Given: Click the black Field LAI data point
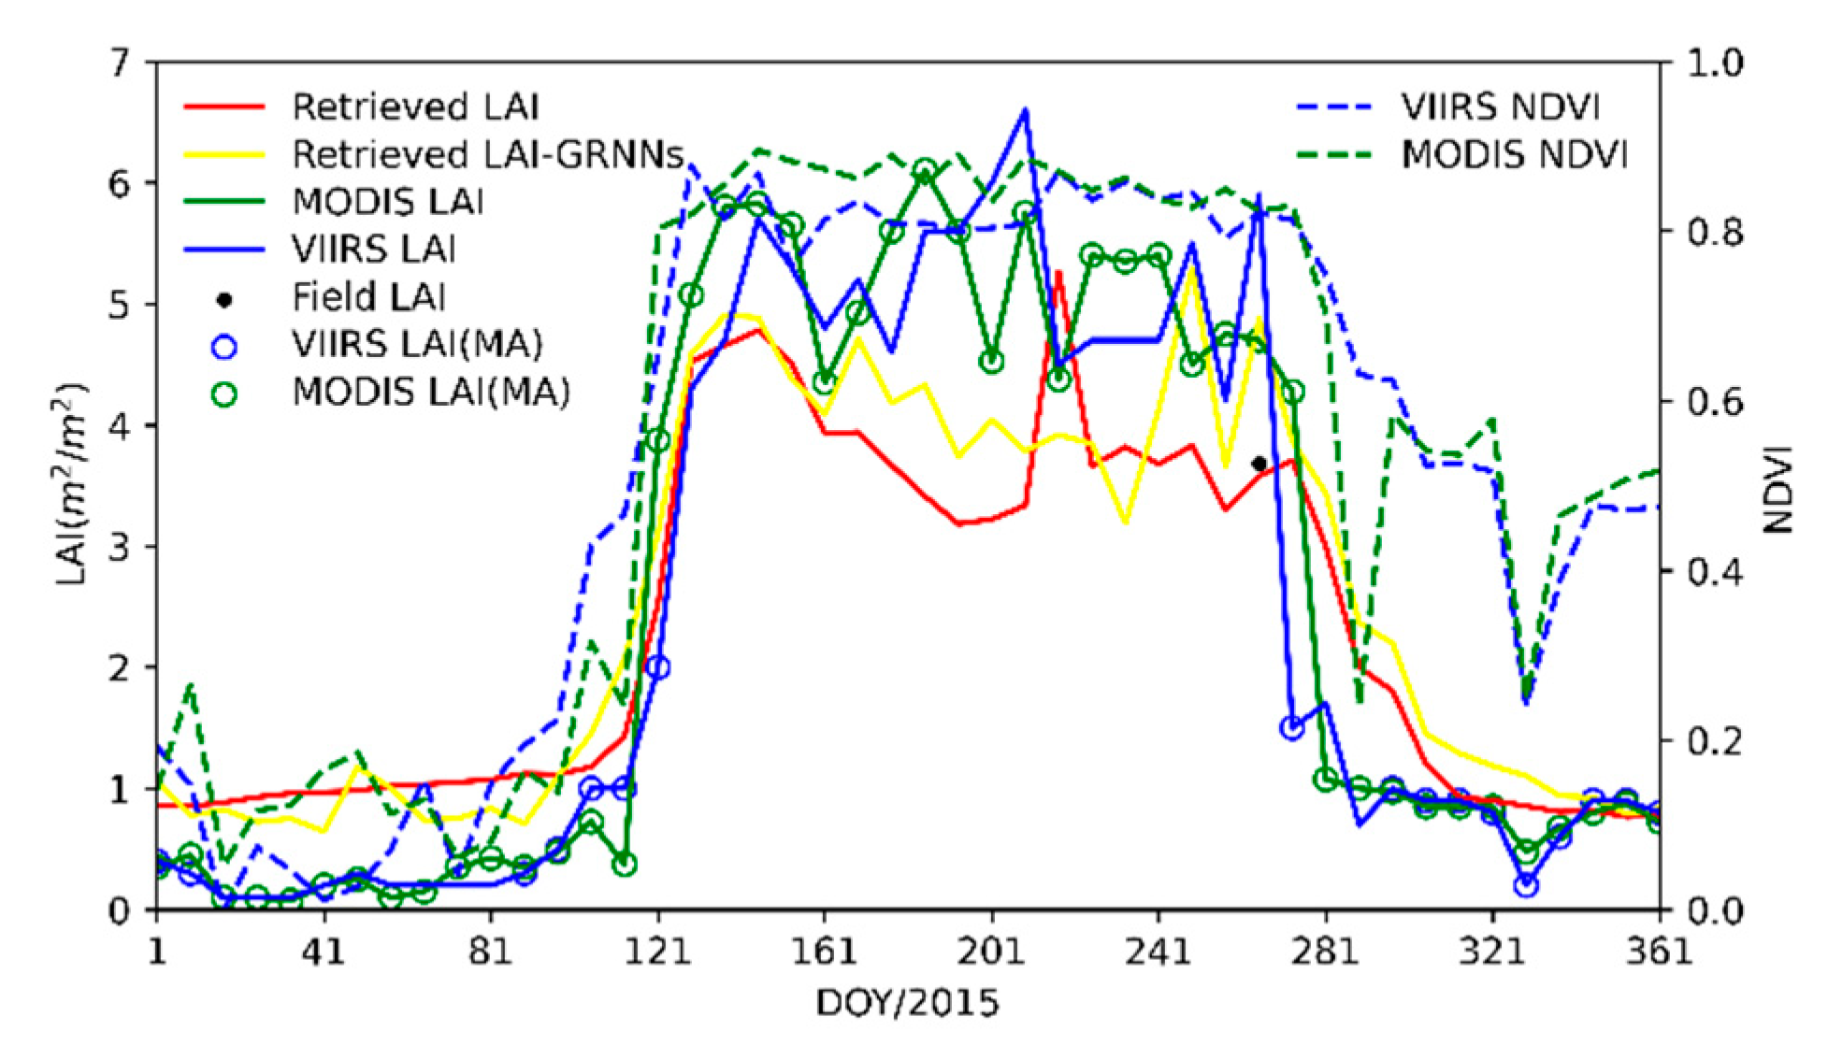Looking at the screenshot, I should (x=1259, y=464).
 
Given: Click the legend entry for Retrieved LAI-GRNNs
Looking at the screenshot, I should (x=486, y=154).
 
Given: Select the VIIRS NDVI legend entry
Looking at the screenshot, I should (x=1499, y=107).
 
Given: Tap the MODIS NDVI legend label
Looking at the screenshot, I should (x=1514, y=155).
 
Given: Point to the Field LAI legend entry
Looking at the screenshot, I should (x=368, y=297).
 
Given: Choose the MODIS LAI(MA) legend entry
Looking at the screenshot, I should (x=430, y=393).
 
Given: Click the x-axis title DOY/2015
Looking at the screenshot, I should (x=907, y=1004).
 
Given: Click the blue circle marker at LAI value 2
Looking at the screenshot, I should (x=658, y=667).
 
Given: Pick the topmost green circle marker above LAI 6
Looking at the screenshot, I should (x=925, y=169).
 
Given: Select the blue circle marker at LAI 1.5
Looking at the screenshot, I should (x=1292, y=728).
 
